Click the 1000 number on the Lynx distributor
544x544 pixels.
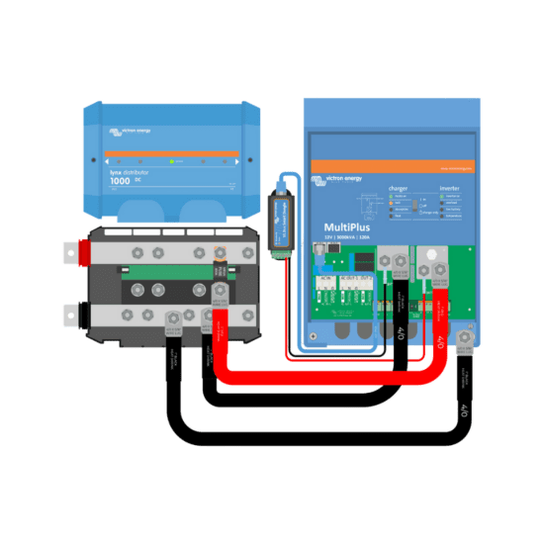click(x=120, y=181)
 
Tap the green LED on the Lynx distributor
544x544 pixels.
click(x=172, y=160)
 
